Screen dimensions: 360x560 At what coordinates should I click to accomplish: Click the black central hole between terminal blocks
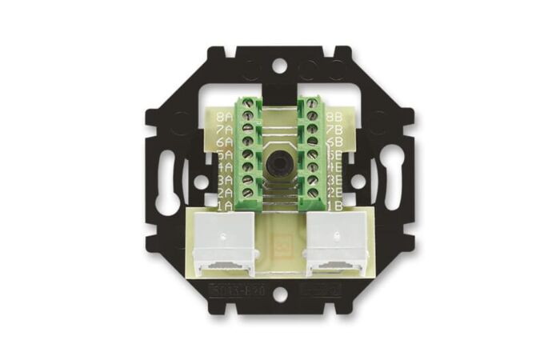click(x=280, y=154)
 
